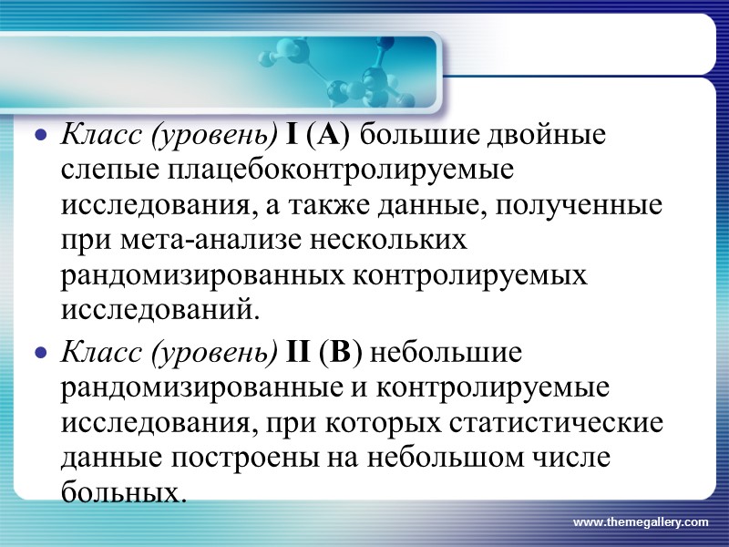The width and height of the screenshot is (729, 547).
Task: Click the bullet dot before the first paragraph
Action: [x=39, y=138]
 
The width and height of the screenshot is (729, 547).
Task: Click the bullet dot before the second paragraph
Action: [x=39, y=353]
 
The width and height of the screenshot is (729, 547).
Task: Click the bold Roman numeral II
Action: [x=300, y=351]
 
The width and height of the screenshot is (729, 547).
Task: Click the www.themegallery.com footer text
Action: [x=640, y=522]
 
